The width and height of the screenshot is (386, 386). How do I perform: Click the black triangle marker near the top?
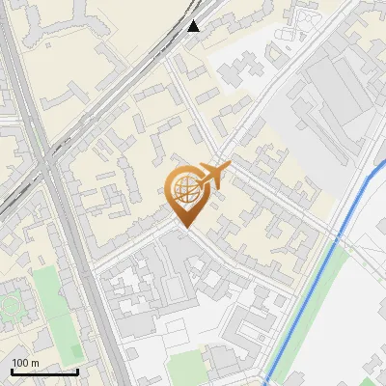194,26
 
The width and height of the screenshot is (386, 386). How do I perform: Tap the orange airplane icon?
213,176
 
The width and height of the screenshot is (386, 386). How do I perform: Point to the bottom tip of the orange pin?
185,226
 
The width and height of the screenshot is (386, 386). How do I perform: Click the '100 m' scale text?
25,363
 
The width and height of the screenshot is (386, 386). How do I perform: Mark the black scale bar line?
44,372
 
